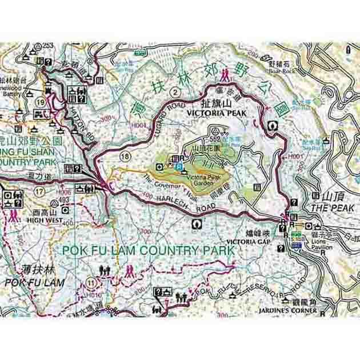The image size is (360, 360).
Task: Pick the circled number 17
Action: coord(38,191)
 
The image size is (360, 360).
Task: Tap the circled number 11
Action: coord(91,282)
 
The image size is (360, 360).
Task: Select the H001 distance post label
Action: coord(295,155)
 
